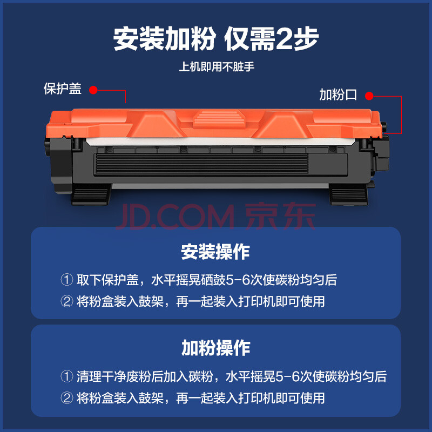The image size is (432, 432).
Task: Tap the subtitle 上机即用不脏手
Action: coord(217,66)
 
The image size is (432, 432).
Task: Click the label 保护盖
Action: coord(63,89)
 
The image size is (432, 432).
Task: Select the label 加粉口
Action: coord(338,94)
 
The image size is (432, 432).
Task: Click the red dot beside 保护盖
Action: coord(93,90)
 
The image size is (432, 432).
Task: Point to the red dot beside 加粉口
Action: coord(369,96)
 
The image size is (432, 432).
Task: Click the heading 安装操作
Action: coord(215,252)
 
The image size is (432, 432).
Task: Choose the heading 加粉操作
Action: coord(215,348)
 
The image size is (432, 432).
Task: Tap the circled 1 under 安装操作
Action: coord(66,280)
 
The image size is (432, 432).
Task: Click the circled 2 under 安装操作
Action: coord(66,301)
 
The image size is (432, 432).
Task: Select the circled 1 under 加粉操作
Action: coord(66,376)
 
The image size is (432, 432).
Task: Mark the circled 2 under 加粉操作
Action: coord(66,398)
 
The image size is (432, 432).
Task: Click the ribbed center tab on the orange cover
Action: coord(219,119)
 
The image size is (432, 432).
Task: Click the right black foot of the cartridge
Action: coord(349,194)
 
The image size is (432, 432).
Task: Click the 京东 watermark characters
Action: coord(280,217)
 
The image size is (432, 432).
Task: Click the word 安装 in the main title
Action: coord(138,38)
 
